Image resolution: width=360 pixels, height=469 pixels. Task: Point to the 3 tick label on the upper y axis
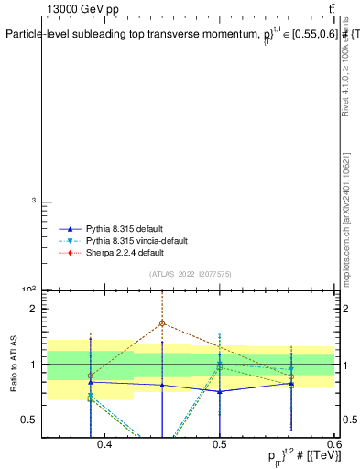[34, 201]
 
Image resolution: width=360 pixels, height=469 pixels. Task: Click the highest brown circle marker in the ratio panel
[162, 323]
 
